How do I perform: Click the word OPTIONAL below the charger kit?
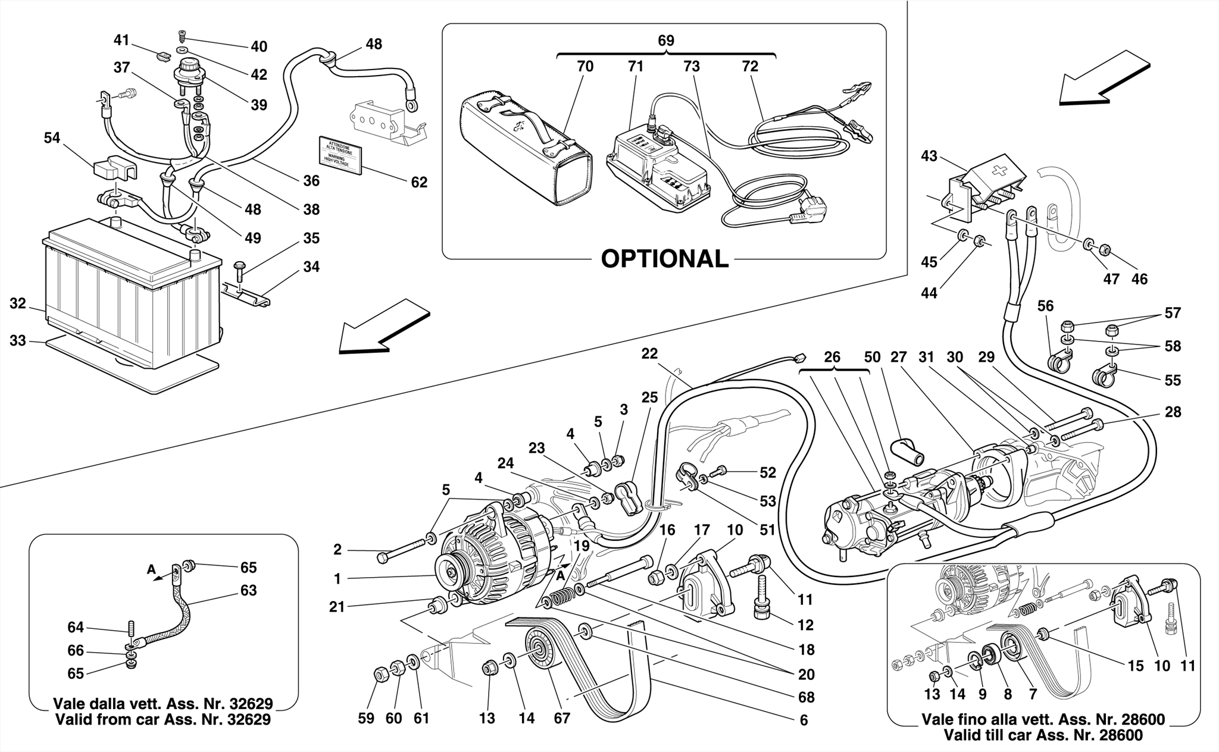coord(664,259)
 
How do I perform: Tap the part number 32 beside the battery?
coord(18,304)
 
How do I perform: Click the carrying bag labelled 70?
coord(527,152)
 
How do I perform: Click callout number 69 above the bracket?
coord(665,41)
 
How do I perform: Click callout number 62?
coord(419,182)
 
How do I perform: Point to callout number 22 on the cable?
coord(649,353)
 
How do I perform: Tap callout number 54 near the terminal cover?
coord(52,138)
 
